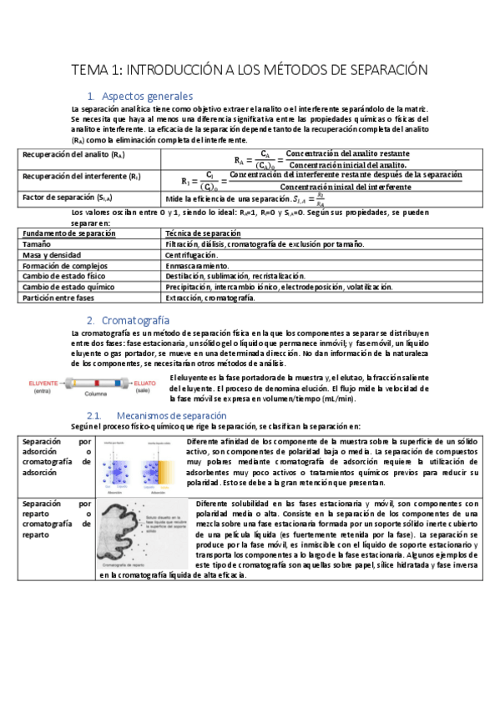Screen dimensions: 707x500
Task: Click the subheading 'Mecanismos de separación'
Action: tap(164, 415)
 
